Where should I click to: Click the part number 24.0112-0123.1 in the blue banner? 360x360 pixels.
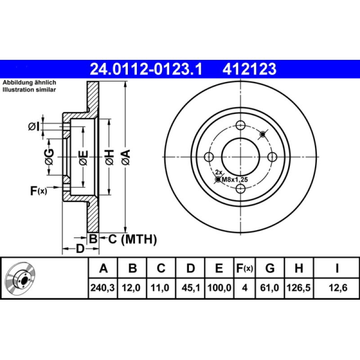[146, 69]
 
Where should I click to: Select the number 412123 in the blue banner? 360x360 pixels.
[249, 69]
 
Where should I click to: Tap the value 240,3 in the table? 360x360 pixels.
[103, 288]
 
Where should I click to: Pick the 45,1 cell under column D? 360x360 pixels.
[190, 288]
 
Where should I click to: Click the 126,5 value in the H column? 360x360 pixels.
[299, 288]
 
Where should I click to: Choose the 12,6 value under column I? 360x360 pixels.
[338, 288]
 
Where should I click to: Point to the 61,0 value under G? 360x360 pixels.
[270, 288]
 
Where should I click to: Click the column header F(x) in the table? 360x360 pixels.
[244, 268]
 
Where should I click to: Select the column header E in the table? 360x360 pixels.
[219, 268]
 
